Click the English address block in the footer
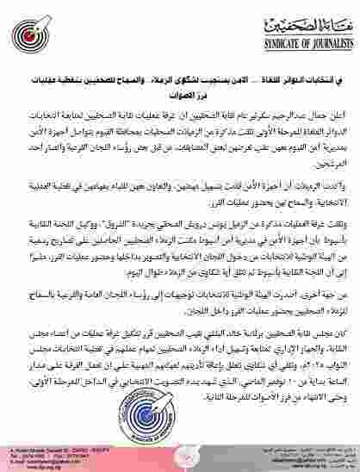click(52, 454)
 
